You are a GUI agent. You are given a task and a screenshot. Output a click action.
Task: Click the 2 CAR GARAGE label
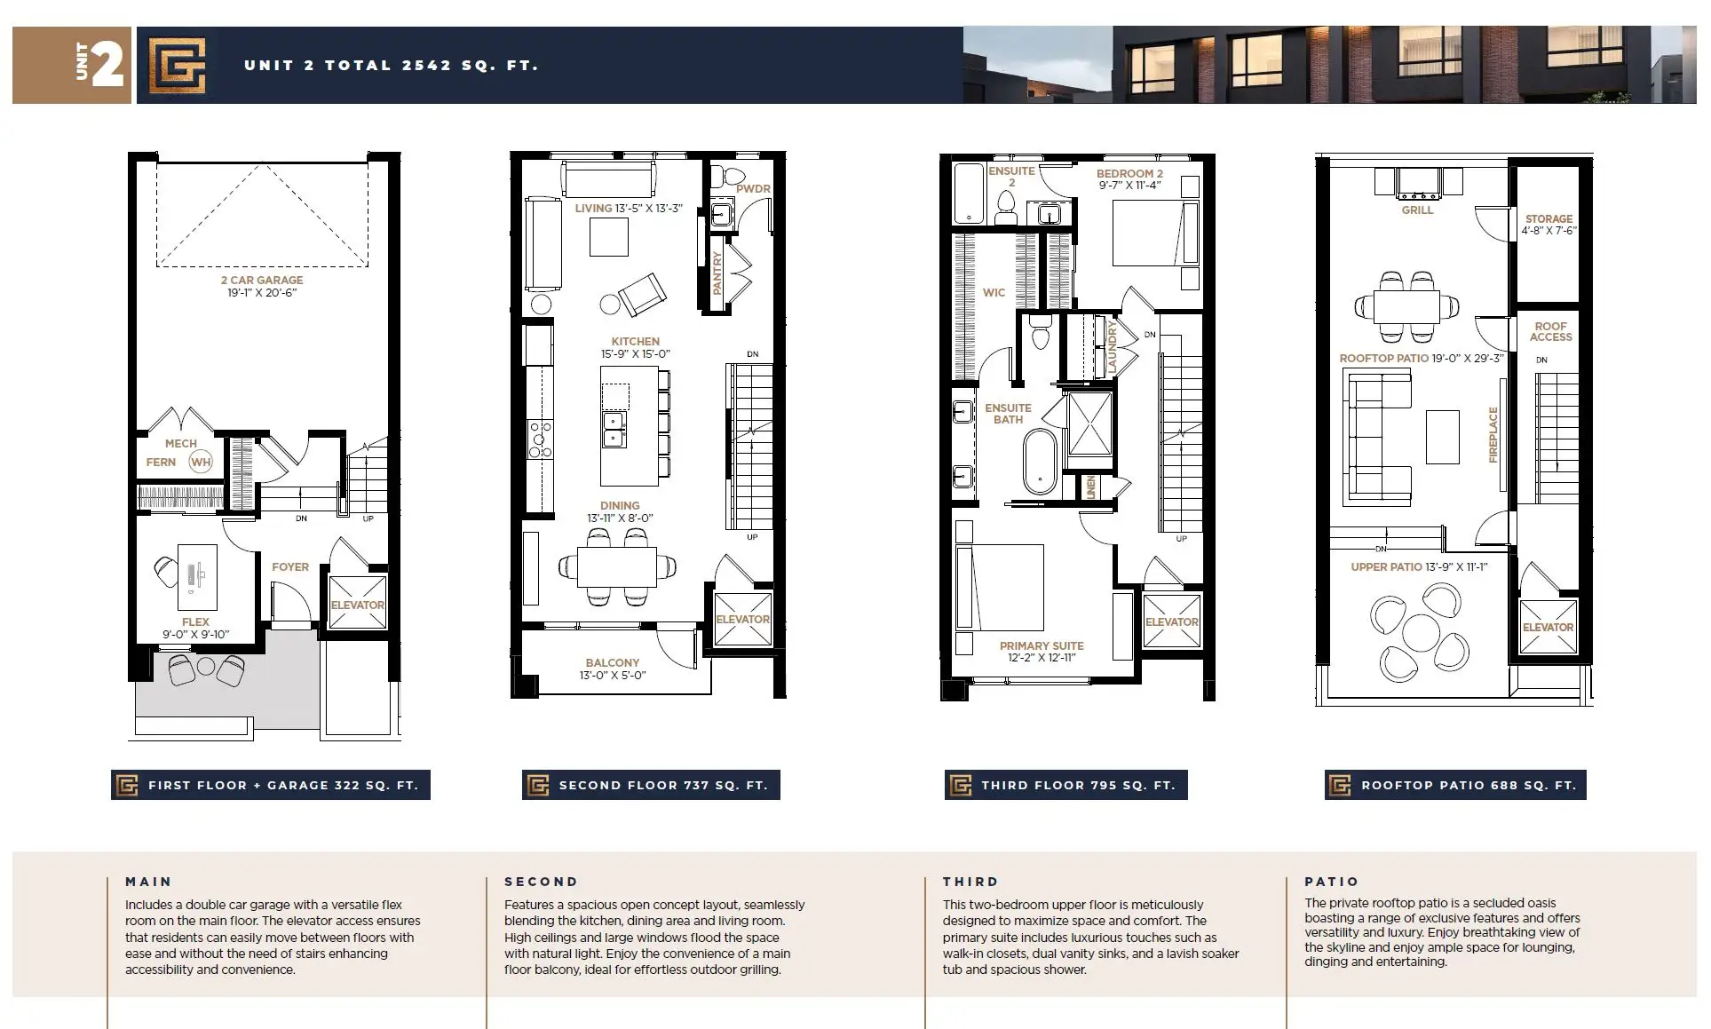262,280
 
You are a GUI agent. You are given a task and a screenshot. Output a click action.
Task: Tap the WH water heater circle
201,462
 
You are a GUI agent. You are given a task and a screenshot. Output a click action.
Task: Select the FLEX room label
195,622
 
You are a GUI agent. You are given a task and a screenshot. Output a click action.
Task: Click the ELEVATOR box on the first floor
358,603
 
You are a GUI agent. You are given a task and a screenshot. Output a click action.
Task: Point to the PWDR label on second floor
753,189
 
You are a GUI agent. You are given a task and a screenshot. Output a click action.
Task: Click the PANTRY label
717,273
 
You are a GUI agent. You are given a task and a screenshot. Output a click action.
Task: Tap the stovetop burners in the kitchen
539,439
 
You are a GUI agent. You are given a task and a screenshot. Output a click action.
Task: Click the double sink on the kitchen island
614,430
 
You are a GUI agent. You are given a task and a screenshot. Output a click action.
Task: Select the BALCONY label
613,662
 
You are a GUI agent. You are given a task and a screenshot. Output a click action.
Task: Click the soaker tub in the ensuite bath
1038,462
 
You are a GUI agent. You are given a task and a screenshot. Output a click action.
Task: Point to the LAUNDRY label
1111,346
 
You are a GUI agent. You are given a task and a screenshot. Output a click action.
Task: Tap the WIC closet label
994,292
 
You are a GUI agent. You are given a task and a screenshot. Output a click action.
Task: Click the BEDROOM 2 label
1129,173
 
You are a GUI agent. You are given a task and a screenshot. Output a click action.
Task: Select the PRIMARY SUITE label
1042,645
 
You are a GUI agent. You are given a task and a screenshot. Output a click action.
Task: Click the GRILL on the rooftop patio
1417,182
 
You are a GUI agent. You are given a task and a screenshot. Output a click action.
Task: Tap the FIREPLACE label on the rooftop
1493,434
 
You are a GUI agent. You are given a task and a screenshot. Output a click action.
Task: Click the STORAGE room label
1549,218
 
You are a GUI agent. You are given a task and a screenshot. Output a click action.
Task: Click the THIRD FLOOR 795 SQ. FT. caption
1078,786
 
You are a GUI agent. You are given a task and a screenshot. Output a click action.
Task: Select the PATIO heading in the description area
1331,882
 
